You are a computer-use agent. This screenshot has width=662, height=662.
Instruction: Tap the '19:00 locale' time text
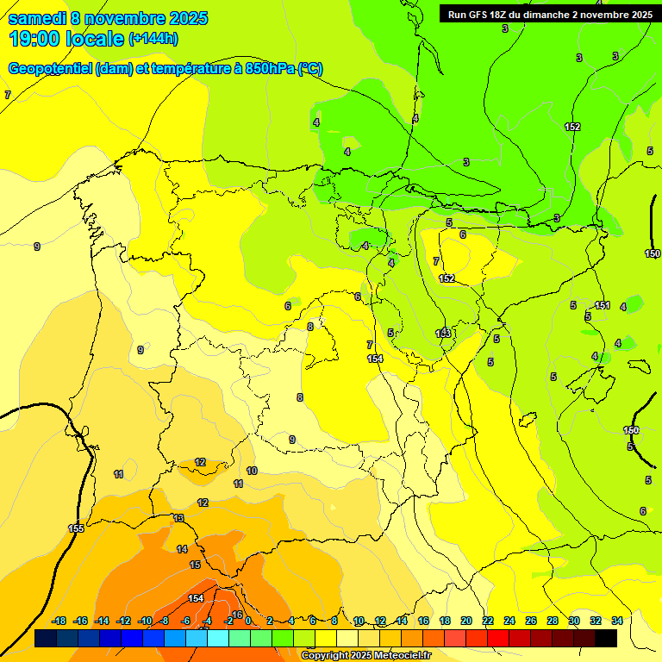(x=66, y=38)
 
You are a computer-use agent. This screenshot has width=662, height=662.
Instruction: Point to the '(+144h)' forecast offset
(x=153, y=39)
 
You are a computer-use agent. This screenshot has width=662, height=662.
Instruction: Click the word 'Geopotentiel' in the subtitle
(x=50, y=69)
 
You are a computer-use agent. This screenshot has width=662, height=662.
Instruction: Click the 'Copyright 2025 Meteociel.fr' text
(x=365, y=656)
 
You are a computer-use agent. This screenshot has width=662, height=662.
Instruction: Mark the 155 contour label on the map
(x=76, y=528)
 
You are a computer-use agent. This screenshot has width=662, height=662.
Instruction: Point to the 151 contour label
(x=603, y=306)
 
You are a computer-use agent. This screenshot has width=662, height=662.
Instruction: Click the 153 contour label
(x=443, y=334)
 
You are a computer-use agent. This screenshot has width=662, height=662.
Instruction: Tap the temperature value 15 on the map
(x=195, y=565)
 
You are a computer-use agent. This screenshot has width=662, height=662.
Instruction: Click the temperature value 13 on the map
(x=178, y=518)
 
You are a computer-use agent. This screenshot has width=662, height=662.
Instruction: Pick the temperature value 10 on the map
(x=252, y=471)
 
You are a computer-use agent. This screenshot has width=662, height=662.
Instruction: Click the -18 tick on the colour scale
(x=59, y=621)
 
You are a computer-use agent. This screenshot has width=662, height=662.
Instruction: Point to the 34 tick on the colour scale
(x=617, y=621)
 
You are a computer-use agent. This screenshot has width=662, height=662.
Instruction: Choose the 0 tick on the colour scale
(x=248, y=621)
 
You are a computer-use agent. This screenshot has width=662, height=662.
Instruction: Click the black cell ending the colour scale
(x=606, y=638)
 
